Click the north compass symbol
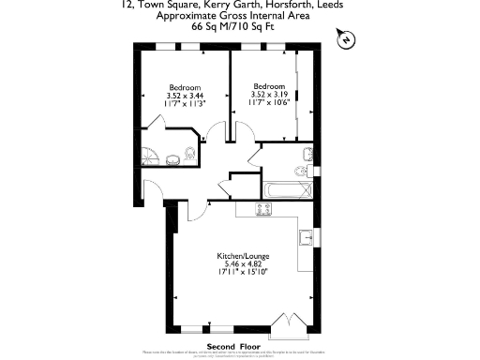[346, 39]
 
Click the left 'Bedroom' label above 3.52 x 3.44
[186, 86]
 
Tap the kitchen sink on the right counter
[306, 234]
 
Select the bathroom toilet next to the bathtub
[299, 171]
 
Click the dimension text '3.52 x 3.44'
[186, 95]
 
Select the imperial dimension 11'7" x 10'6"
[269, 102]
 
